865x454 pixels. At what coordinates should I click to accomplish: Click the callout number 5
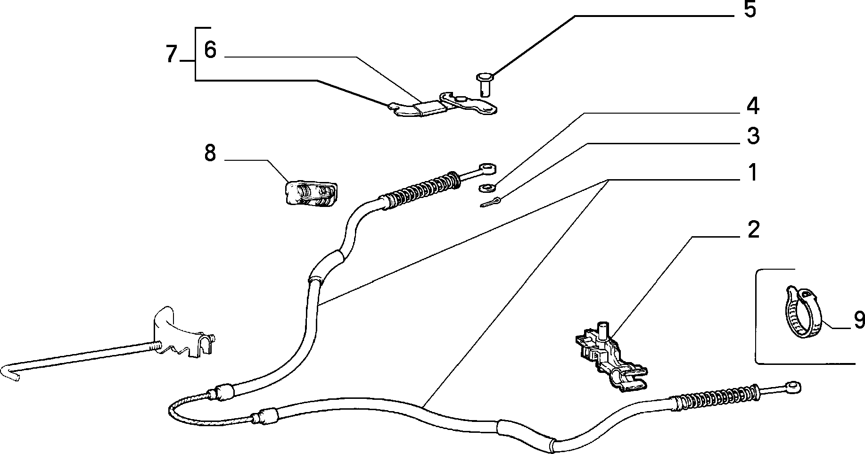750,10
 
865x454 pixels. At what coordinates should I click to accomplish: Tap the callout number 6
210,50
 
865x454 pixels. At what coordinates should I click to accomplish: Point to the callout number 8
210,154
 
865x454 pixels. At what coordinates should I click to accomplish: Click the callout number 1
753,173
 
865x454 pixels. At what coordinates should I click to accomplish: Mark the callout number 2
753,230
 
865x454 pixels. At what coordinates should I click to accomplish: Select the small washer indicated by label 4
486,188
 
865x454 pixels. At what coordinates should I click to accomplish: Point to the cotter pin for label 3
491,202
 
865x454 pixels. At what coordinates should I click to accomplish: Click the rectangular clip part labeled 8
311,193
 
